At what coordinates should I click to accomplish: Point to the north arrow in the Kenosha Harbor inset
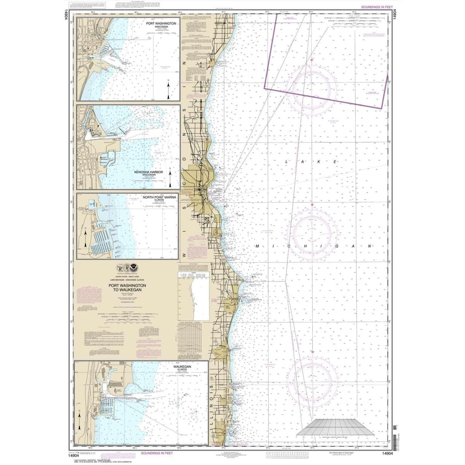pos(171,178)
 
